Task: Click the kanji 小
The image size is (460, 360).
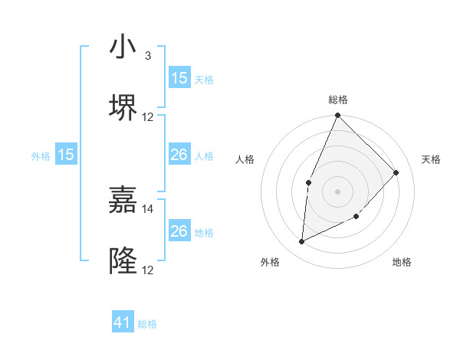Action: click(123, 47)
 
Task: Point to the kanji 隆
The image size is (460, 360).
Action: click(123, 260)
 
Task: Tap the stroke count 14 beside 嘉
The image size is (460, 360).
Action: click(148, 208)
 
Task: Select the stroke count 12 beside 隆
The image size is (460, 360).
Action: click(148, 270)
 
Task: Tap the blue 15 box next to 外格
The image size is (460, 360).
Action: click(66, 155)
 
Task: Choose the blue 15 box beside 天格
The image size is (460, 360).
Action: click(179, 78)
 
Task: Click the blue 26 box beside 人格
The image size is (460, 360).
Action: click(179, 155)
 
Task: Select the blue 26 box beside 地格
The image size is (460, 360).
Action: click(179, 231)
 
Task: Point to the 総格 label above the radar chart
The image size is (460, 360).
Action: click(338, 100)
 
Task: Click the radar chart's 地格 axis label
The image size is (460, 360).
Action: click(402, 262)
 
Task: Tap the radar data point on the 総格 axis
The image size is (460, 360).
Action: click(338, 116)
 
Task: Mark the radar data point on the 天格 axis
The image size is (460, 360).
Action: click(396, 172)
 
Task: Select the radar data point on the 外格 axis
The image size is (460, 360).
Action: click(302, 241)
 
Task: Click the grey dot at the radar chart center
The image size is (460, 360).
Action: click(338, 191)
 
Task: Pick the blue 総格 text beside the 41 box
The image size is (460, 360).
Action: click(147, 324)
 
